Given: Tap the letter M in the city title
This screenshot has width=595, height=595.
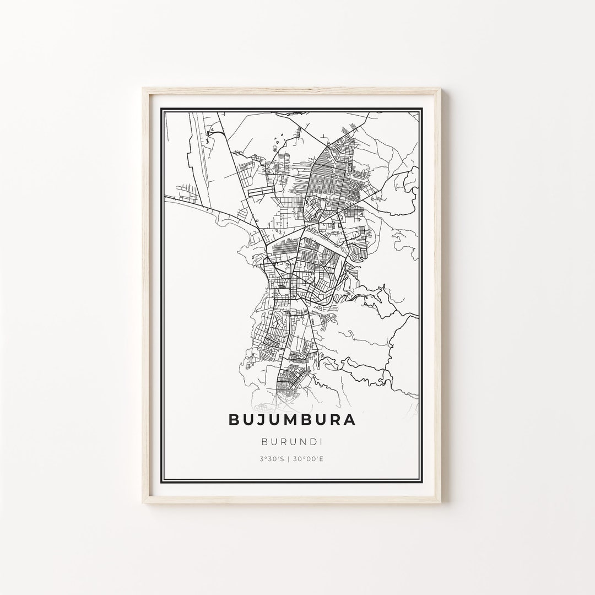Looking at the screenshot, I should coord(290,420).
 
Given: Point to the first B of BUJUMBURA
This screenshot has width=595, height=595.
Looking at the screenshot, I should coord(234,420).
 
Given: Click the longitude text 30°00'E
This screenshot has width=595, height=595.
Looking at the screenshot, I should coord(307,458).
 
